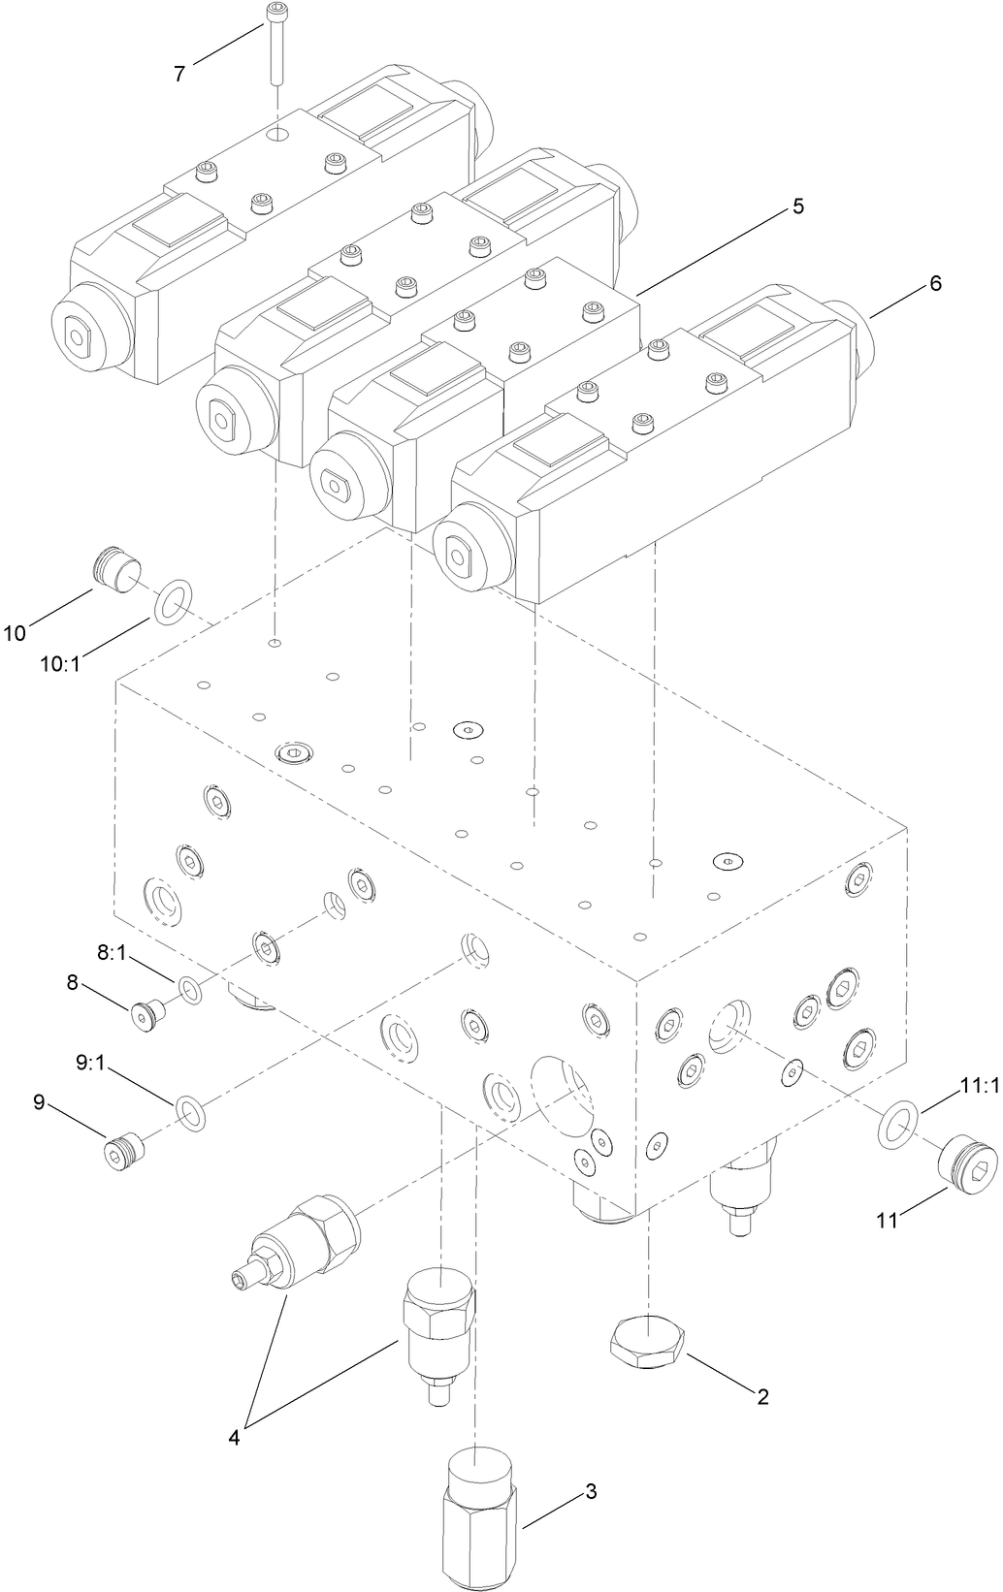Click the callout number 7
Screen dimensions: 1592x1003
click(x=179, y=73)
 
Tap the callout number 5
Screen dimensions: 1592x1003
click(x=797, y=206)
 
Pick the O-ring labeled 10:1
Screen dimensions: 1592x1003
click(x=173, y=600)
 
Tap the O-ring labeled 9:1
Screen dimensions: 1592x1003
click(x=190, y=1114)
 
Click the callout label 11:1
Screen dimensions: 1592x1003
click(x=979, y=1087)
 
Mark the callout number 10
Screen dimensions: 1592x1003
click(x=15, y=633)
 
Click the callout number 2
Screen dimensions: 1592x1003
click(x=763, y=1396)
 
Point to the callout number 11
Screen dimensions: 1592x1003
click(x=888, y=1221)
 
